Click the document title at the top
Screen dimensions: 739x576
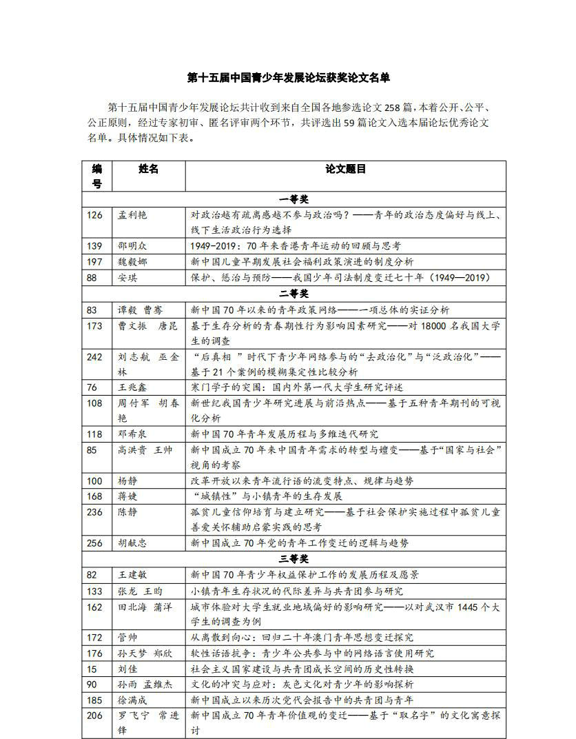click(289, 78)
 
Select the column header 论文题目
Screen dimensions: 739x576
click(345, 169)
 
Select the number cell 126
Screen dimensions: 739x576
click(94, 215)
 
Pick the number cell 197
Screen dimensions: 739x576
click(94, 262)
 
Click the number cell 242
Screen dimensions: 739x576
click(94, 356)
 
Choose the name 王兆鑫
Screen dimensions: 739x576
click(132, 387)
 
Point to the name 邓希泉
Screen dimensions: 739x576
click(132, 434)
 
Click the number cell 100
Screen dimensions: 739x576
click(94, 481)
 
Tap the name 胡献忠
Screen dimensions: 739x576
click(132, 543)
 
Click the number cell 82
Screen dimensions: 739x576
click(92, 575)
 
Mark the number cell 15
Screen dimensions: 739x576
click(92, 669)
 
